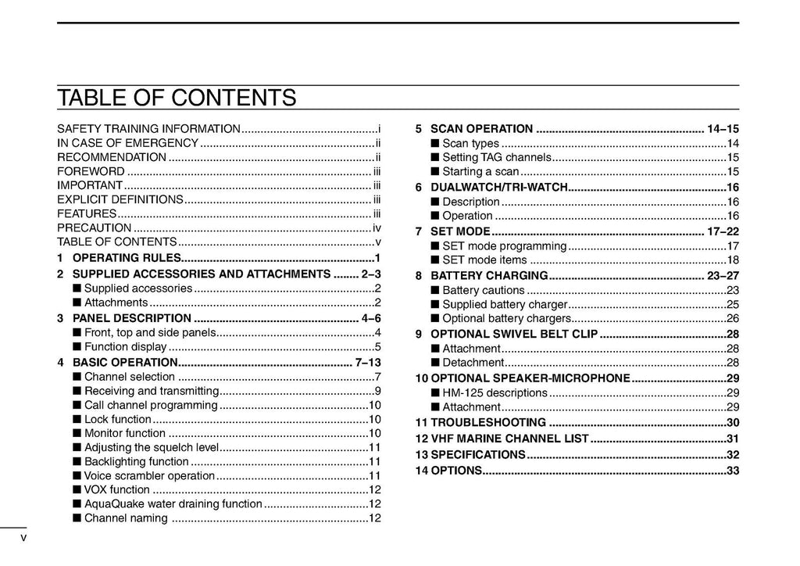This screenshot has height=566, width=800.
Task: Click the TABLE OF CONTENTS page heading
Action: pos(177,99)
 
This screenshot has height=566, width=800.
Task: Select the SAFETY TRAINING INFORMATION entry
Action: pos(148,128)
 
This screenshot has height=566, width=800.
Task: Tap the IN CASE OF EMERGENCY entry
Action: pos(127,143)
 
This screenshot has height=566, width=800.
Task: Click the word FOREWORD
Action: pos(91,171)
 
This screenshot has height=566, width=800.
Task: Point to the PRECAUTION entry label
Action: pos(94,228)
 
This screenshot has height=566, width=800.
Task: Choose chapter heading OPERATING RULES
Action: pos(127,258)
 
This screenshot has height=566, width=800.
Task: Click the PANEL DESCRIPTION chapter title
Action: pos(131,318)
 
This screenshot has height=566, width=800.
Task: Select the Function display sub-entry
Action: pos(125,347)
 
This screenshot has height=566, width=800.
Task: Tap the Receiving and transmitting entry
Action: pos(151,391)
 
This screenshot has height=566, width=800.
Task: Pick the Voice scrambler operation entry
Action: pos(148,475)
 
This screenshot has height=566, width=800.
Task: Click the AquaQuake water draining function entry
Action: pos(173,504)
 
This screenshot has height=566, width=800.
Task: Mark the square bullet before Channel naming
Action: pos(77,518)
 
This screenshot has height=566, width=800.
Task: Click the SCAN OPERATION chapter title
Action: pos(481,129)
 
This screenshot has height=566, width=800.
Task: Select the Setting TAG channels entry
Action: pos(496,157)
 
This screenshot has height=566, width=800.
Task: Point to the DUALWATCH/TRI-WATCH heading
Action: pos(498,188)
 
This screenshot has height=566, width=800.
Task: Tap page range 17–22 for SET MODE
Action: pos(723,231)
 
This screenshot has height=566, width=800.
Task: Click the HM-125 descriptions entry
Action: pos(495,392)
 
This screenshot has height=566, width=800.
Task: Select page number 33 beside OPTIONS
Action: pos(732,471)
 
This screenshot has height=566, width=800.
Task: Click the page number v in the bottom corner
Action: pos(23,538)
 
